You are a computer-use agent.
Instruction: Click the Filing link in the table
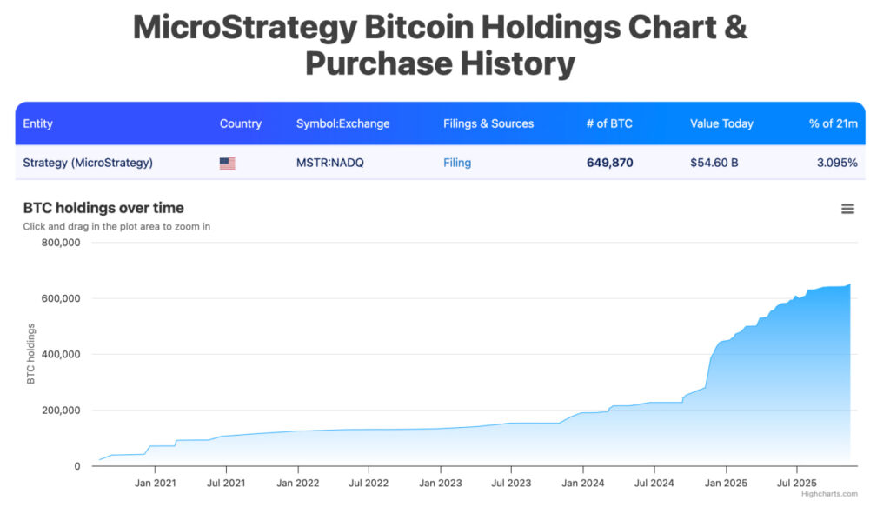tap(457, 163)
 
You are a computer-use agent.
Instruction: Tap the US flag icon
tap(228, 163)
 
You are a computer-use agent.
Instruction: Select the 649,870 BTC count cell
tap(609, 163)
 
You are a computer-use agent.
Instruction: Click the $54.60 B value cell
tap(714, 163)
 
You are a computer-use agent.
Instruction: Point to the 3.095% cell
tap(836, 163)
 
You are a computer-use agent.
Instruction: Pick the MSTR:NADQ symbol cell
tap(329, 163)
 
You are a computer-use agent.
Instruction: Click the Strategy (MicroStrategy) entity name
tap(88, 163)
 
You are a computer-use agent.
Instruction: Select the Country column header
tap(241, 123)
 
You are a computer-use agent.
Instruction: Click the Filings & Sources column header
tap(488, 123)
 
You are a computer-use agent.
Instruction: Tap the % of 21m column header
tap(833, 123)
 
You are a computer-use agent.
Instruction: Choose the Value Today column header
tap(721, 123)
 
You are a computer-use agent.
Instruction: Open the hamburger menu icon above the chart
tap(847, 209)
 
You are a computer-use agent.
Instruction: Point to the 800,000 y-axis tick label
tap(61, 243)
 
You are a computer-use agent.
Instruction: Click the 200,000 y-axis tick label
tap(61, 411)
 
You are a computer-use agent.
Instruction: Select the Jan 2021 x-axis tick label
tap(156, 484)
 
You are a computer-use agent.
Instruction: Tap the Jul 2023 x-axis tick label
tap(512, 484)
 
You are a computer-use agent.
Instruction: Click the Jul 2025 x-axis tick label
tap(796, 484)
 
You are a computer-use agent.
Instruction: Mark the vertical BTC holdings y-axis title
tap(31, 354)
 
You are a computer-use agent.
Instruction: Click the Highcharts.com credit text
tap(829, 494)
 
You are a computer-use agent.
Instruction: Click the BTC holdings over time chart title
tap(103, 208)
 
